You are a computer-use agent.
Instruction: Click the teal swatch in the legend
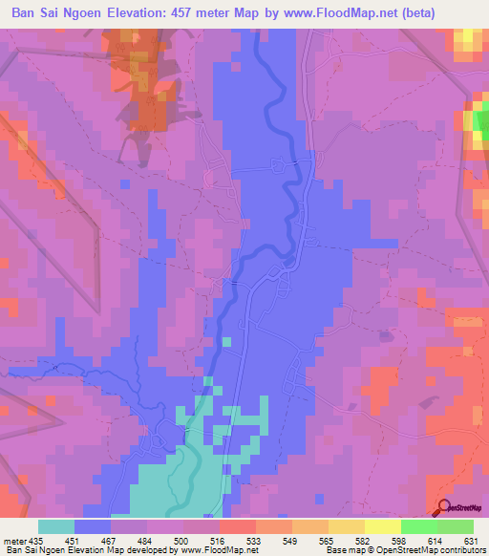(56, 526)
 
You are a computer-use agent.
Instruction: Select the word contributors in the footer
(460, 550)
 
